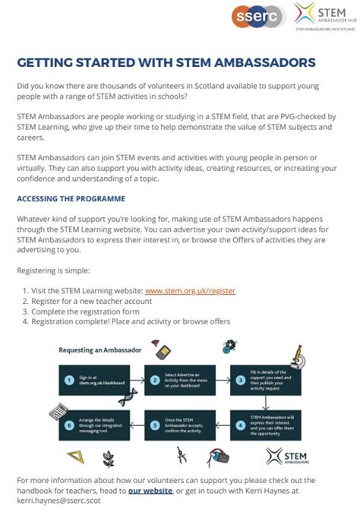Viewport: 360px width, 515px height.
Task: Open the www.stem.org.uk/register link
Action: (190, 291)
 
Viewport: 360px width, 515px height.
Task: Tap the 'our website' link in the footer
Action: (149, 491)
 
